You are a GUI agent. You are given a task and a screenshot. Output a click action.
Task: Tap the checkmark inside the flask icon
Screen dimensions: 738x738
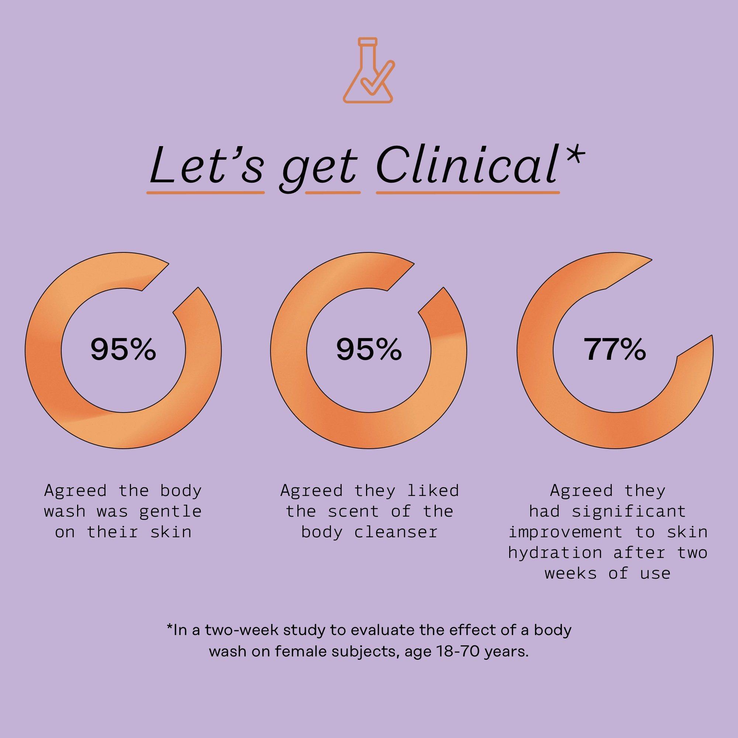376,79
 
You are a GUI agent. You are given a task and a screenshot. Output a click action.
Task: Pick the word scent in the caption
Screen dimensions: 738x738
353,511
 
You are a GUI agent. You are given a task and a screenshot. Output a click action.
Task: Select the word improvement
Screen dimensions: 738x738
565,532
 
